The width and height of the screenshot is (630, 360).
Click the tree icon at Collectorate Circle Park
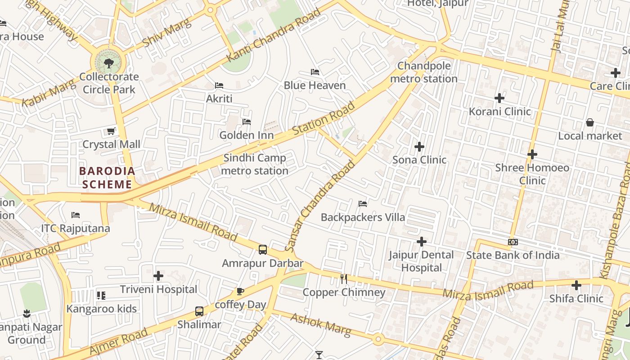coord(108,63)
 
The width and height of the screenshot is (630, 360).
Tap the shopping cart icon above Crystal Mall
coord(111,131)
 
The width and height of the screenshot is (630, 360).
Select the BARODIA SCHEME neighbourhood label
coord(107,178)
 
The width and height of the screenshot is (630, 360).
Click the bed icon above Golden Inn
coord(247,122)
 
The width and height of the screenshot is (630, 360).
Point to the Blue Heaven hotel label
coord(315,85)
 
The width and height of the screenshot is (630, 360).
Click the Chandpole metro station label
coord(423,72)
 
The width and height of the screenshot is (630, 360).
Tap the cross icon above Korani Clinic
coord(499,98)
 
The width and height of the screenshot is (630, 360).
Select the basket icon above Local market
coord(589,122)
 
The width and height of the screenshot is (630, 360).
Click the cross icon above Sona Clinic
coord(419,147)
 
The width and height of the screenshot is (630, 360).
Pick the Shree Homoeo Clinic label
coord(532,174)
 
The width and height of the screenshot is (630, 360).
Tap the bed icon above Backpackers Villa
coord(363,204)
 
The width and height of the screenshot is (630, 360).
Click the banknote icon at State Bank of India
coord(513,242)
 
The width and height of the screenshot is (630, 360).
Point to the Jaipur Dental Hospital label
coord(422,261)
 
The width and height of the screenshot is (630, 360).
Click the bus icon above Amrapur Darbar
coord(263,250)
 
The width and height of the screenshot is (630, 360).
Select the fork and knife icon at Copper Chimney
coord(344,279)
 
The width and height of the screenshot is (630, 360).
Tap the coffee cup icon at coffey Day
coord(240,292)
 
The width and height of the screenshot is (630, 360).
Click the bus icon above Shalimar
coord(199,311)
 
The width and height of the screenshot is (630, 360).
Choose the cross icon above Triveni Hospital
coord(158,275)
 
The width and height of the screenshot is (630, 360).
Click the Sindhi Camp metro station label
coord(255,164)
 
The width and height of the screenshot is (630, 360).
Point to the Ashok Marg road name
coord(320,325)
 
